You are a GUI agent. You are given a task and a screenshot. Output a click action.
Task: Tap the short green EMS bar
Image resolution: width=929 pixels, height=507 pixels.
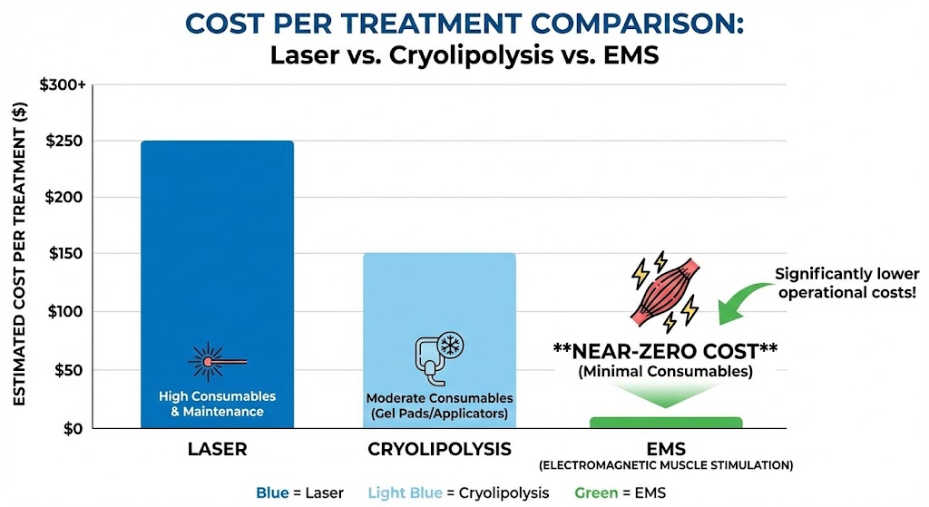pyautogui.click(x=665, y=423)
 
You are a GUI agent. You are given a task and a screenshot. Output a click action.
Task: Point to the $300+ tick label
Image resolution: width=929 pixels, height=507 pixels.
pyautogui.click(x=63, y=84)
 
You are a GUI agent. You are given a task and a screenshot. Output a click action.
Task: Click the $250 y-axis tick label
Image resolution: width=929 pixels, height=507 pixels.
pyautogui.click(x=63, y=141)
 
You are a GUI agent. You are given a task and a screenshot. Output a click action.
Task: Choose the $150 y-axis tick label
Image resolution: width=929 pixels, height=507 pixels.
pyautogui.click(x=63, y=255)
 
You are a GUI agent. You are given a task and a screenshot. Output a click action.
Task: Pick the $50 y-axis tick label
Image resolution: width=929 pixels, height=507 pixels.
pyautogui.click(x=66, y=370)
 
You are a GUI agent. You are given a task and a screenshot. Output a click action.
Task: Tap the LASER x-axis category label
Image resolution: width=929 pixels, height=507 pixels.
pyautogui.click(x=217, y=449)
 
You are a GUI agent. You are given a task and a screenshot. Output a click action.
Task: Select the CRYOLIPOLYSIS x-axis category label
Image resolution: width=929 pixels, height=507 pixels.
pyautogui.click(x=439, y=449)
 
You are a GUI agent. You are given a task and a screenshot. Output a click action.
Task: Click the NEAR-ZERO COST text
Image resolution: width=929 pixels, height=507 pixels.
pyautogui.click(x=665, y=349)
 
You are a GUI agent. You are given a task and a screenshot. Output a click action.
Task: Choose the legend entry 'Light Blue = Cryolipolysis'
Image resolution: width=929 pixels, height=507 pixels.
pyautogui.click(x=458, y=492)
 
